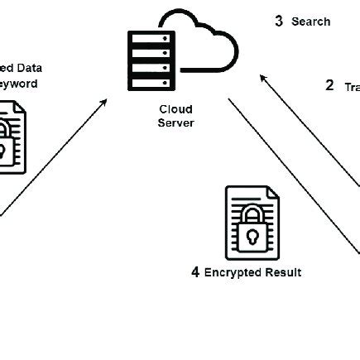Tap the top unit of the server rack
click(x=150, y=38)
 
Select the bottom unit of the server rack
click(x=150, y=82)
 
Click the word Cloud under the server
click(x=175, y=108)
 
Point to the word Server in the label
click(x=175, y=123)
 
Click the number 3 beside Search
click(x=280, y=22)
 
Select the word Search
click(x=311, y=22)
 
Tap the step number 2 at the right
click(x=329, y=85)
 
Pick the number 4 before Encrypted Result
click(x=195, y=272)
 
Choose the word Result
click(x=285, y=272)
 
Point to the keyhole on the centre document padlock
click(x=252, y=238)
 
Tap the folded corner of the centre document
click(x=270, y=193)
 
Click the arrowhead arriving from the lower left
click(x=104, y=103)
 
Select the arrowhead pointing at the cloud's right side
click(x=263, y=78)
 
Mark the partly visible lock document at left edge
click(x=12, y=137)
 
